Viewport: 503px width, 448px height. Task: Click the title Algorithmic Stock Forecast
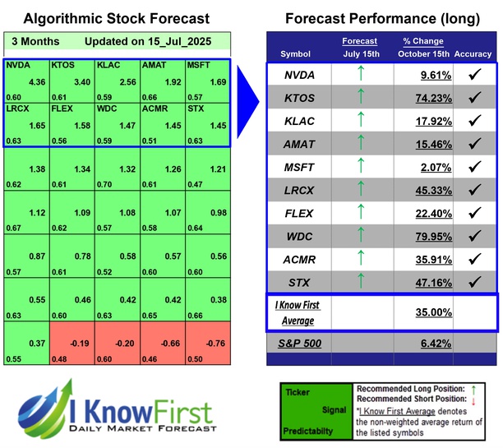point(116,19)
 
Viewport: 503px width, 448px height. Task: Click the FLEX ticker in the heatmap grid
point(62,107)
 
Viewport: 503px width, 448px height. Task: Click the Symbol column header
point(296,54)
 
